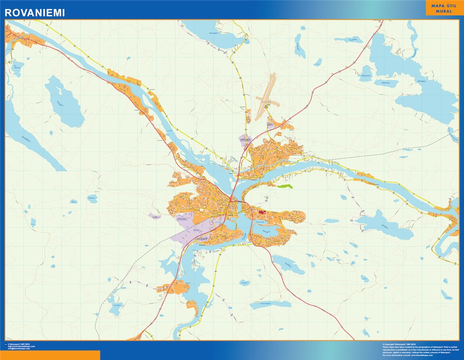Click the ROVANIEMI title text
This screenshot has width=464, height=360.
[x=34, y=13]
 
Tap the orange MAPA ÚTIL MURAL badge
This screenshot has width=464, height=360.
[x=444, y=8]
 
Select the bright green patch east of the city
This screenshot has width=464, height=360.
[x=285, y=186]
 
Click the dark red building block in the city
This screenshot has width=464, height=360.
[x=262, y=212]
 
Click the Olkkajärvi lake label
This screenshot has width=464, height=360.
[x=421, y=81]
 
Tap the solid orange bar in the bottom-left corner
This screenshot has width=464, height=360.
[x=50, y=355]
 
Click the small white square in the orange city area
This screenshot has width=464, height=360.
[x=200, y=210]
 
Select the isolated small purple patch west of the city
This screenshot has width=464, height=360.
[x=155, y=216]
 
